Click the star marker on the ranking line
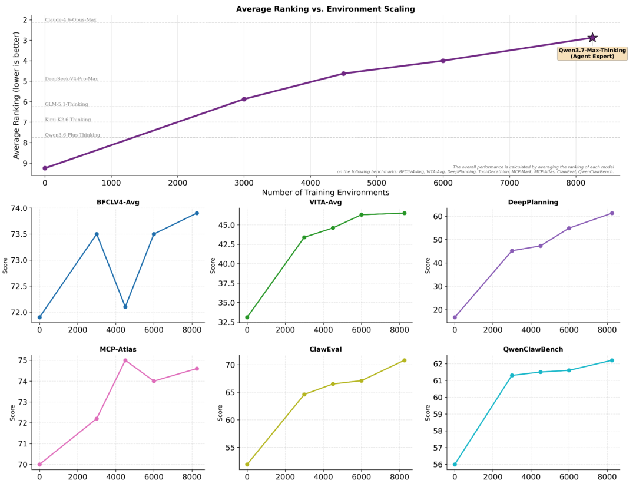[x=592, y=38]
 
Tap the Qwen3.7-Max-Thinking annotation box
[x=592, y=54]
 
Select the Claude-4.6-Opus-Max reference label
[x=71, y=19]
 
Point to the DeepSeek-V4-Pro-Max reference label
[x=71, y=79]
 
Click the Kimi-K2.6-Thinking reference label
[x=68, y=120]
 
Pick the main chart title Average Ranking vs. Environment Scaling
[x=325, y=9]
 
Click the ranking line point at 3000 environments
[x=244, y=99]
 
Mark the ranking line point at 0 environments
[x=45, y=168]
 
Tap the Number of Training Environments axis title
[x=325, y=192]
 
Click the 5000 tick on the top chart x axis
[x=376, y=183]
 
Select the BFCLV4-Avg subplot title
[x=118, y=202]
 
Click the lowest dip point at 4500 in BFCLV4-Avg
[x=125, y=307]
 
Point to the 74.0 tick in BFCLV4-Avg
[x=19, y=208]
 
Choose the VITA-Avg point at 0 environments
[x=247, y=317]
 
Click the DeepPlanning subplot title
[x=533, y=202]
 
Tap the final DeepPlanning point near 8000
[x=612, y=213]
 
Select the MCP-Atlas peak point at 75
[x=125, y=360]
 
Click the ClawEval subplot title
[x=325, y=349]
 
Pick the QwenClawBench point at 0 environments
[x=455, y=465]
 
